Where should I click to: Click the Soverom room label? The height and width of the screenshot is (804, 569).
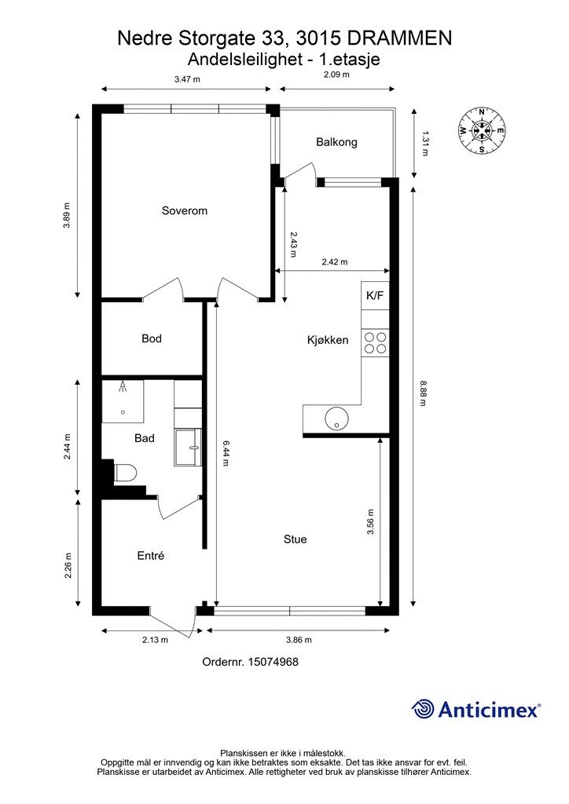tap(184, 210)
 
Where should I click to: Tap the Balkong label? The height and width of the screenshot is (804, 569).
tap(336, 142)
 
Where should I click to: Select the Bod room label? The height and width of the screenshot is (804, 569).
tap(152, 338)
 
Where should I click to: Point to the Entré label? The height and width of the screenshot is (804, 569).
tap(151, 556)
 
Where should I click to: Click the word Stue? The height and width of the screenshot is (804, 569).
tap(295, 539)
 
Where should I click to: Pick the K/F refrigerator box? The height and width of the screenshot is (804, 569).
tap(375, 295)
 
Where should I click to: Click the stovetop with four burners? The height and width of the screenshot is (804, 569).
tap(375, 343)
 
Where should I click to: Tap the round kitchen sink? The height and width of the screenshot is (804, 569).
tap(336, 418)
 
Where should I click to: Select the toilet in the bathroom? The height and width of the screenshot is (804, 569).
tap(124, 472)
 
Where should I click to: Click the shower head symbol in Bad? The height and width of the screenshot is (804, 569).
tap(123, 386)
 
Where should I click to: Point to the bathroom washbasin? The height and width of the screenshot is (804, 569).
tap(188, 448)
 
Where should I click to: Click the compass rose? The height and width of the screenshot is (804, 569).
tap(482, 130)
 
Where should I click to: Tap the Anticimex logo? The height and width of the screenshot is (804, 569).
tap(476, 709)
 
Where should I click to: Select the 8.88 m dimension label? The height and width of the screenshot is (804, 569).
tap(423, 393)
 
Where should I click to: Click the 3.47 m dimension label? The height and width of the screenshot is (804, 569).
tap(187, 79)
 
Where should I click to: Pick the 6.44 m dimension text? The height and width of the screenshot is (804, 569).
tap(226, 453)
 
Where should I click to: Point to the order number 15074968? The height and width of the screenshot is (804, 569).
tap(251, 661)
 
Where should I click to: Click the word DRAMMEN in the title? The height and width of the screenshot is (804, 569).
tap(400, 38)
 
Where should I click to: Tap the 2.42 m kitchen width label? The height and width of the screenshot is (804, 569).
tap(335, 261)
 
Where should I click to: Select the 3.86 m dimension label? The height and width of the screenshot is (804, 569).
tap(299, 639)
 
